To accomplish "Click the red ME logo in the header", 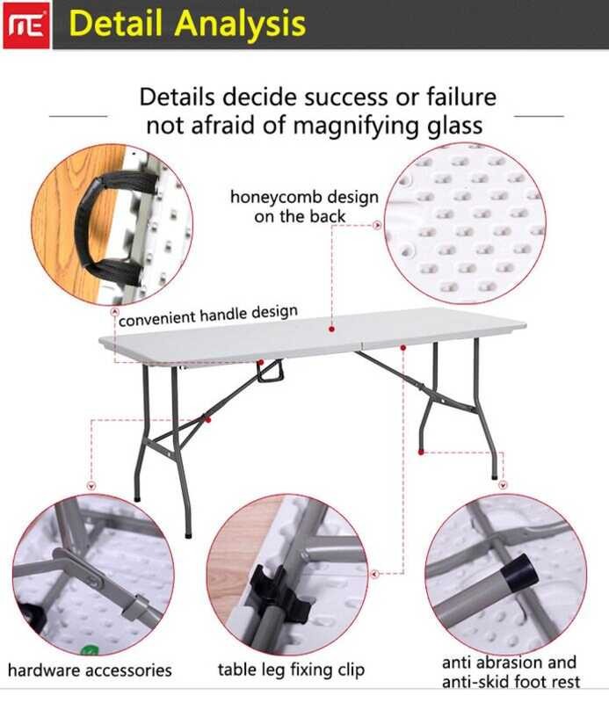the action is (x=26, y=25).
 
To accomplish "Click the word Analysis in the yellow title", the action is (x=240, y=25).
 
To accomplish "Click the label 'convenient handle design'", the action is (x=207, y=315).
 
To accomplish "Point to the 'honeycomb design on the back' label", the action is (x=304, y=207).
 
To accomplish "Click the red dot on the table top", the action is (x=331, y=329).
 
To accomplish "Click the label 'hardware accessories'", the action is (x=90, y=670).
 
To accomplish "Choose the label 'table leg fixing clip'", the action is (x=291, y=670).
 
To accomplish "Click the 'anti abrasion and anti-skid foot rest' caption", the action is (x=511, y=671).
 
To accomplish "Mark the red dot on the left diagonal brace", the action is (x=207, y=420).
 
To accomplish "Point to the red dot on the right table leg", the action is (x=421, y=452).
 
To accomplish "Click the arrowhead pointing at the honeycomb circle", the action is (x=377, y=226).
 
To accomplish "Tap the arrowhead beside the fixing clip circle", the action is (x=375, y=574).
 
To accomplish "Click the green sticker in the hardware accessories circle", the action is (x=90, y=650).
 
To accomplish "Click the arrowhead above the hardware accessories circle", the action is (x=91, y=486).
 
